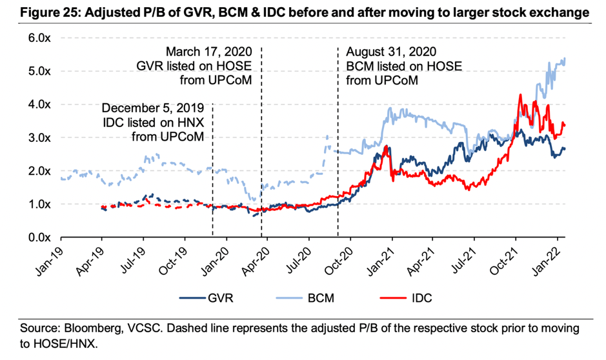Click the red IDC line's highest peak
(520, 95)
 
